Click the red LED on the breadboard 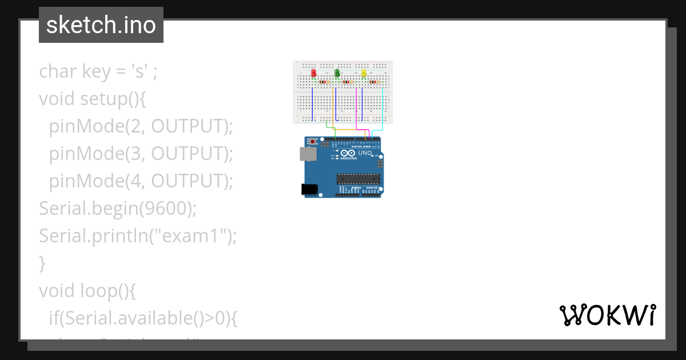(313, 74)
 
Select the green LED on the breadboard (337, 73)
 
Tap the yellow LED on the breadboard (364, 74)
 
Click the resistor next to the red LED (324, 82)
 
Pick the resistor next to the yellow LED (374, 82)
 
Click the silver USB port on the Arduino (307, 153)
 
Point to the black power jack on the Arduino (309, 189)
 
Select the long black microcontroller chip (358, 179)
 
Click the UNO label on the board (365, 153)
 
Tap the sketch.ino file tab (101, 25)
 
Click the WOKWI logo (607, 315)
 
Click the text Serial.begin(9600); (118, 209)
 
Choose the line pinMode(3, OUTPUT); (141, 154)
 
